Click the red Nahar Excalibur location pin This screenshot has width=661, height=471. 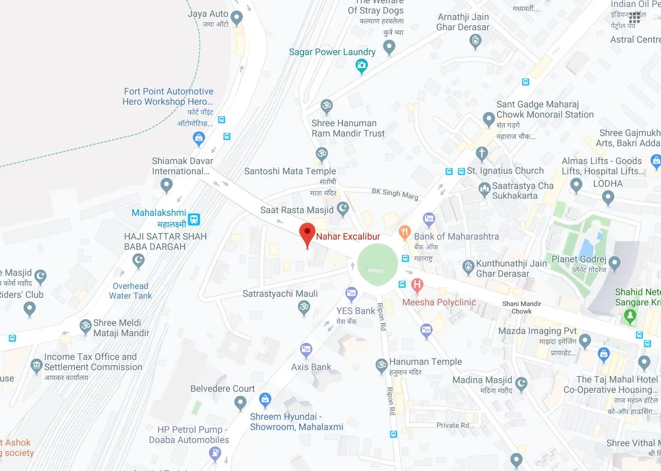click(307, 234)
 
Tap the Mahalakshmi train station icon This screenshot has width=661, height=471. click(194, 219)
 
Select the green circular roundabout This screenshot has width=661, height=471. click(377, 263)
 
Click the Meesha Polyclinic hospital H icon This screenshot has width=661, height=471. click(417, 284)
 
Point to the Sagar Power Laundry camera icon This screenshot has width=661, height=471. click(362, 66)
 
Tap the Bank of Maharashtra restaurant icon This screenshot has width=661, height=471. click(404, 233)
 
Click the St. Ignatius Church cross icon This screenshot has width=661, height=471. click(482, 154)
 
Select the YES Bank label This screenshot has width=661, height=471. click(355, 311)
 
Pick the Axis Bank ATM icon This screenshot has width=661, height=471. click(306, 350)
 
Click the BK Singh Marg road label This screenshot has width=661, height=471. click(395, 194)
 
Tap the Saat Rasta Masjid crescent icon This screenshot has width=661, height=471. click(343, 209)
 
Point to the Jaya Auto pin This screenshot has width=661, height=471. click(236, 18)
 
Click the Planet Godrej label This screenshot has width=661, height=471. click(579, 260)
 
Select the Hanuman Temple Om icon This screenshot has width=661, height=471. click(382, 365)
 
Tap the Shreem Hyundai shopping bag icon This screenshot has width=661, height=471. click(264, 399)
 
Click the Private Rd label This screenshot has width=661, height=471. click(452, 425)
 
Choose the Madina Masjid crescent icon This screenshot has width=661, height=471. click(521, 384)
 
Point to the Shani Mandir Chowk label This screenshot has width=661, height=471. click(521, 308)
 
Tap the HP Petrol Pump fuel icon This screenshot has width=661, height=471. click(215, 453)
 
